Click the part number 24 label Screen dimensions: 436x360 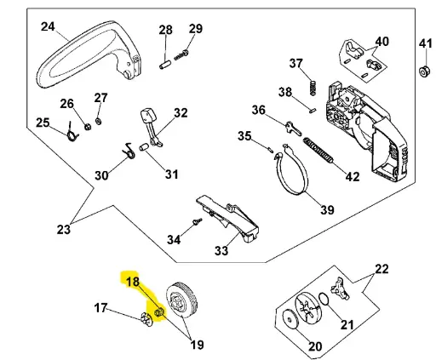pyautogui.click(x=48, y=27)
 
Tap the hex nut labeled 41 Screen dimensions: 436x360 pyautogui.click(x=424, y=71)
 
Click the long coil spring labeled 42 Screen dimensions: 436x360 pyautogui.click(x=318, y=150)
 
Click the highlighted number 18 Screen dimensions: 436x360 pyautogui.click(x=133, y=282)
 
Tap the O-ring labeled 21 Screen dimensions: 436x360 pyautogui.click(x=324, y=299)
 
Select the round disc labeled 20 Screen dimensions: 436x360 pyautogui.click(x=290, y=319)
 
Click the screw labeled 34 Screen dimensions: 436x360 pyautogui.click(x=197, y=221)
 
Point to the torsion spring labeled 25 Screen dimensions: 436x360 pyautogui.click(x=72, y=133)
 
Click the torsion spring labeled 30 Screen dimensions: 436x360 pyautogui.click(x=129, y=151)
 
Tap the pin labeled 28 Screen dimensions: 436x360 pyautogui.click(x=164, y=64)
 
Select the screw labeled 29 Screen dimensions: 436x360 pyautogui.click(x=181, y=55)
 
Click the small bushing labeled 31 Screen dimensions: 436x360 pyautogui.click(x=144, y=147)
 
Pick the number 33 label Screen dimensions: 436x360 pyautogui.click(x=221, y=250)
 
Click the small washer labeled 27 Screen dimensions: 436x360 pyautogui.click(x=99, y=121)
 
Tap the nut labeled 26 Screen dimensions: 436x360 pyautogui.click(x=88, y=127)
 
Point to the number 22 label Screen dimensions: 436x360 pyautogui.click(x=381, y=269)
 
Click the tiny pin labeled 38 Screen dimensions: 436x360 pyautogui.click(x=313, y=110)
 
